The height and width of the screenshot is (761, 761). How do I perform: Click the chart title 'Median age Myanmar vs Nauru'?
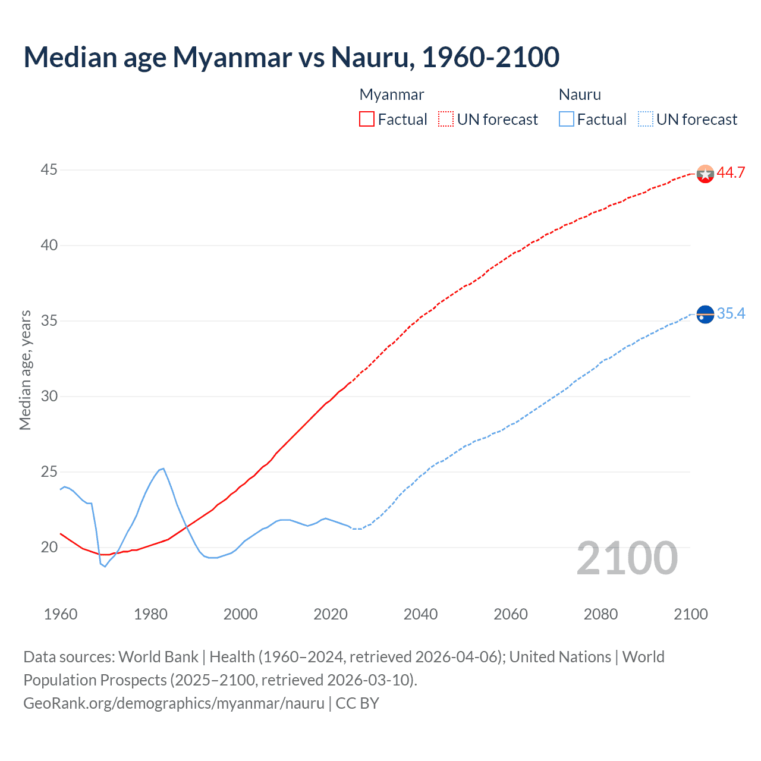291,58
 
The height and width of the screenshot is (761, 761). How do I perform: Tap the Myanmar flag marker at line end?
705,174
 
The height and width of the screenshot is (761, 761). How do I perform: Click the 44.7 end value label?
731,173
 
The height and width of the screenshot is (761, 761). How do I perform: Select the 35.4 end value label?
731,313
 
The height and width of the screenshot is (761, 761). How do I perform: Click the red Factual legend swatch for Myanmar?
367,120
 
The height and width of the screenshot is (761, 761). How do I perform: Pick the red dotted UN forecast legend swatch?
446,120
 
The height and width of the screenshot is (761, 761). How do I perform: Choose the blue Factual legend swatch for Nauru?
567,120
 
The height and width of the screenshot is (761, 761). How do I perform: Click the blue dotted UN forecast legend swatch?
646,120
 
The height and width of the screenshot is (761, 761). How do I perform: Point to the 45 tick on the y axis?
49,170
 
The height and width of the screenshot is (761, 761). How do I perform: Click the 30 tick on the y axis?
49,397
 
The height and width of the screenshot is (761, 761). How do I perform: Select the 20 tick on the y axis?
49,548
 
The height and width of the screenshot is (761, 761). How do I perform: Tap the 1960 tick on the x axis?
61,614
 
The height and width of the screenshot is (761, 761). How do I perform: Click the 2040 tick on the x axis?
420,614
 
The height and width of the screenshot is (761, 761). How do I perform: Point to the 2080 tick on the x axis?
600,614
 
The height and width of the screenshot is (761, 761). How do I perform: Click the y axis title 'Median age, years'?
25,370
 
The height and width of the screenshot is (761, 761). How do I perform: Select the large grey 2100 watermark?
627,558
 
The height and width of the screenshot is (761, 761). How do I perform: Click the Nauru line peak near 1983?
163,468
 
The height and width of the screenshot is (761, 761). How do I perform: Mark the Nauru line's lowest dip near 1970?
105,567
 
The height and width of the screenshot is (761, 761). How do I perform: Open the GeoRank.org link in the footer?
174,703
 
